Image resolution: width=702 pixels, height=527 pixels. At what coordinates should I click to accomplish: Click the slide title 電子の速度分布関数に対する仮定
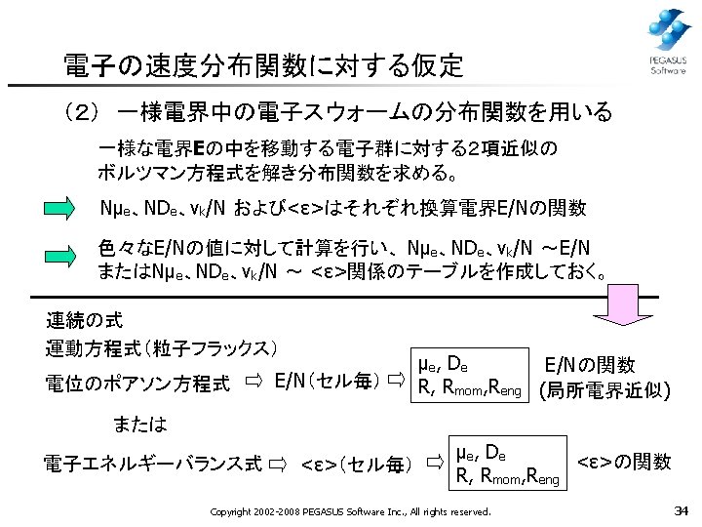(x=262, y=66)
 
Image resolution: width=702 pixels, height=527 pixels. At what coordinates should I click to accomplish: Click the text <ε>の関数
(x=624, y=462)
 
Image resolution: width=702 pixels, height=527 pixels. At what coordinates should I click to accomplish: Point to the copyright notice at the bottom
(x=351, y=511)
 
